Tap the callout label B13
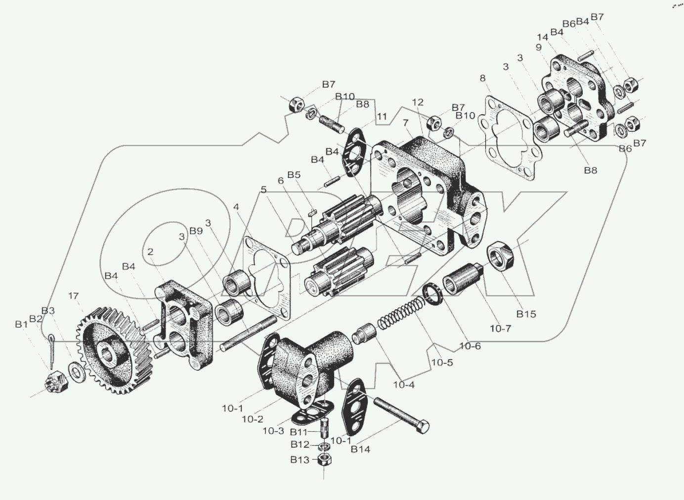tap(300, 460)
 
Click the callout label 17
tap(73, 296)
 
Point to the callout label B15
tap(526, 314)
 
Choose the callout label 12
tap(418, 102)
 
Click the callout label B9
tap(196, 231)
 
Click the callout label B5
tap(294, 174)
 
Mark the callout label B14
tap(360, 449)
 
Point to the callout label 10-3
tap(273, 430)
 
